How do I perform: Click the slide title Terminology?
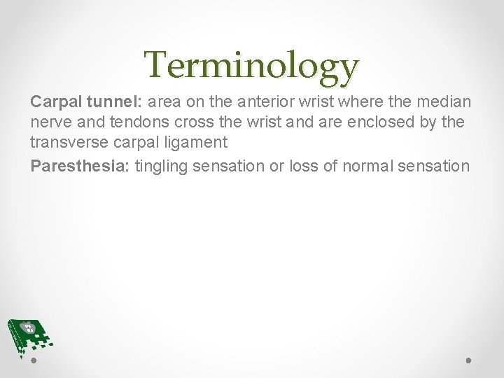[252, 66]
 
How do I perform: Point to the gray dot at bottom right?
[470, 362]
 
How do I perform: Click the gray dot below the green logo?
[34, 362]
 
